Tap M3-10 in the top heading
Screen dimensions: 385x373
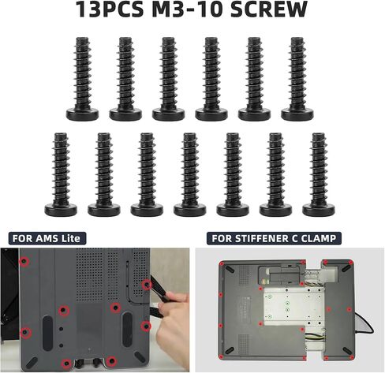pos(188,9)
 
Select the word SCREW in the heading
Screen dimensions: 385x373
pos(269,9)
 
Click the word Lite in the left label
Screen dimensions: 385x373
pos(70,239)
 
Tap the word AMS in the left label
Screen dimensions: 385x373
pos(47,239)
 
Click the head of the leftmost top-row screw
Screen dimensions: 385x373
pos(82,114)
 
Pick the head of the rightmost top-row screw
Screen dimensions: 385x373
pos(297,114)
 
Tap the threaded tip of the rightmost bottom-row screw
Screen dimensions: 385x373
pos(319,136)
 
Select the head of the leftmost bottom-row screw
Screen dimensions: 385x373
pos(61,210)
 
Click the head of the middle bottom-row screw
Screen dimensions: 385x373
pos(190,210)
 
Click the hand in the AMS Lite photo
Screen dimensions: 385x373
pos(174,326)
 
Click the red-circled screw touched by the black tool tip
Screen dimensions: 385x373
pos(147,285)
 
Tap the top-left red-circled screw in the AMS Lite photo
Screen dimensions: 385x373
pos(24,262)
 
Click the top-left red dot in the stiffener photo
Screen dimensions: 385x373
pos(222,263)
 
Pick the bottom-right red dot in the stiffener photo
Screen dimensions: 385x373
pos(352,357)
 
